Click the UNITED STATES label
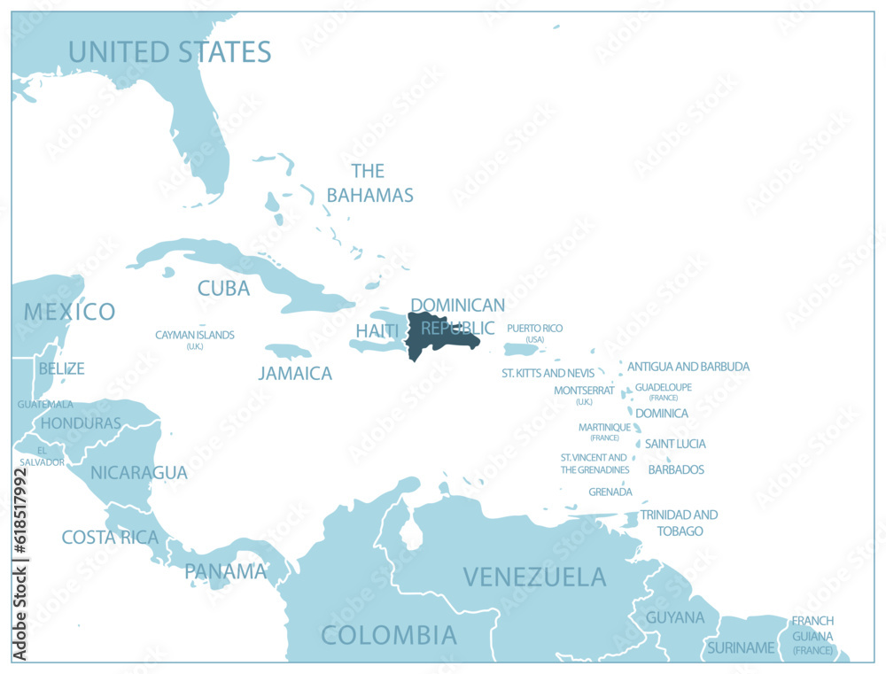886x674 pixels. click(x=169, y=51)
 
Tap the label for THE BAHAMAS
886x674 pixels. click(x=369, y=183)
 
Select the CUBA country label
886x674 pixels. click(x=223, y=288)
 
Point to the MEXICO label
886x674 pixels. click(x=69, y=312)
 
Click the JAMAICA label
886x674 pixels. click(x=295, y=374)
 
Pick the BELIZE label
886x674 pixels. click(x=61, y=368)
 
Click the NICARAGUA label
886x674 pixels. click(x=139, y=472)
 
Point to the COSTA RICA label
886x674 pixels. click(x=110, y=537)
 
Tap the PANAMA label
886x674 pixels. click(x=225, y=571)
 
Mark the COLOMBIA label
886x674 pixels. click(x=389, y=634)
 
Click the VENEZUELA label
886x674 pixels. click(x=535, y=577)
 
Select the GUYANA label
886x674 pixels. click(x=675, y=617)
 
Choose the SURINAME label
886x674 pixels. click(x=741, y=647)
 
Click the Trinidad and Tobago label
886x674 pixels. click(x=679, y=523)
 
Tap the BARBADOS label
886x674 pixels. click(x=676, y=469)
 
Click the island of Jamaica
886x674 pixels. click(x=288, y=351)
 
